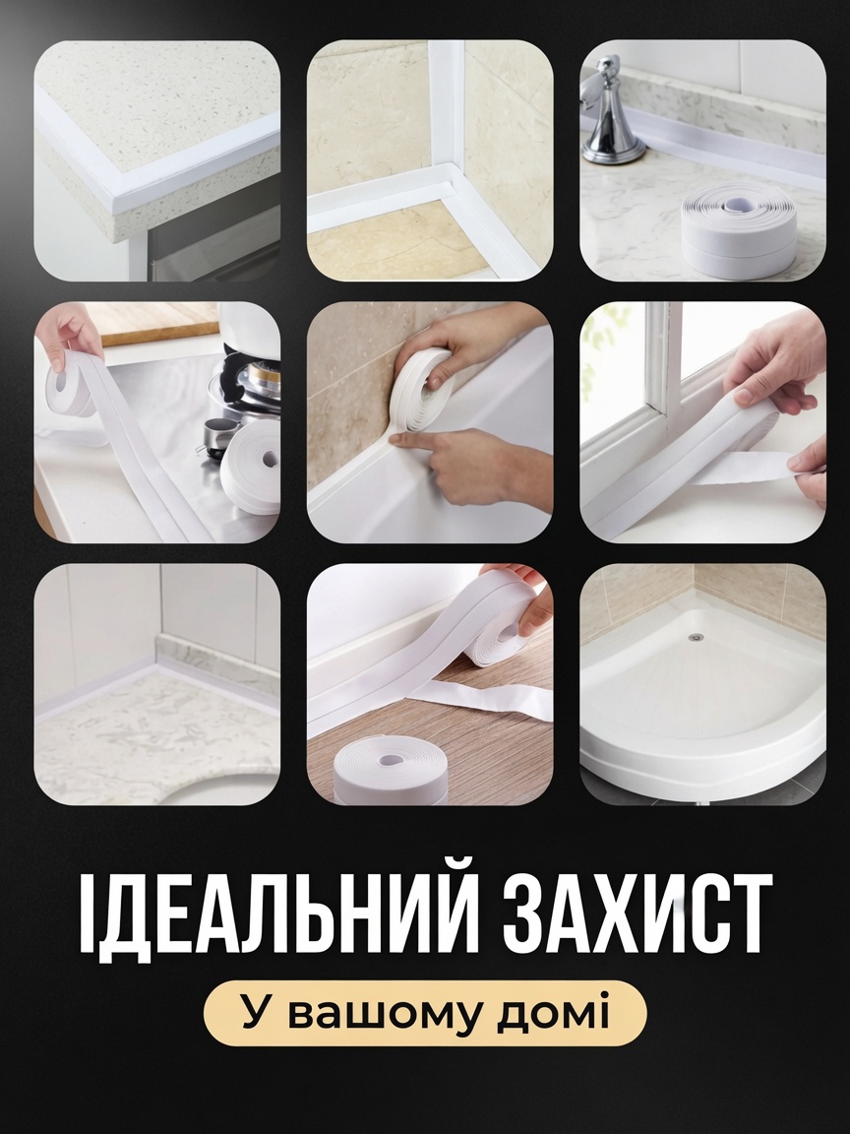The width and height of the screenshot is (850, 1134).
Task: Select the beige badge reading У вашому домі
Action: pyautogui.click(x=425, y=1013)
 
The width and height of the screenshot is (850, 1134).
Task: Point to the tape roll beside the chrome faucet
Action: pyautogui.click(x=738, y=228)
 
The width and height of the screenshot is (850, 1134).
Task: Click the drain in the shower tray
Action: pyautogui.click(x=697, y=637)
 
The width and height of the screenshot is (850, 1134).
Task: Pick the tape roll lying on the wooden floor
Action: pyautogui.click(x=390, y=770)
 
